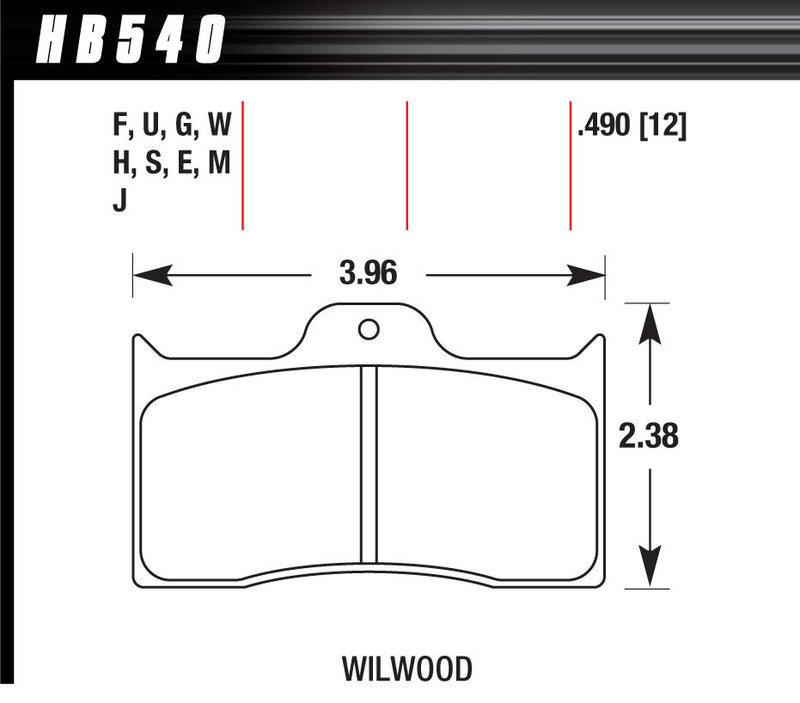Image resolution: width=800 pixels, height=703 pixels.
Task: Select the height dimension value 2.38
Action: (x=651, y=436)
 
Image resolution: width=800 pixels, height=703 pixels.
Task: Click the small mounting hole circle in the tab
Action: (x=368, y=327)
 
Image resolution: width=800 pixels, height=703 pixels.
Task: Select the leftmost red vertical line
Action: (x=243, y=165)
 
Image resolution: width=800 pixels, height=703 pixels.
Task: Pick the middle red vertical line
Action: (x=407, y=165)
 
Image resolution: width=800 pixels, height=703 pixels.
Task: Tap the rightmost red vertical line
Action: (x=570, y=165)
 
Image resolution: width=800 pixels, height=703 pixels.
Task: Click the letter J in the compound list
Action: (x=120, y=199)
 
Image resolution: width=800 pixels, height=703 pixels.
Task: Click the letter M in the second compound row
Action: (x=220, y=163)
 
